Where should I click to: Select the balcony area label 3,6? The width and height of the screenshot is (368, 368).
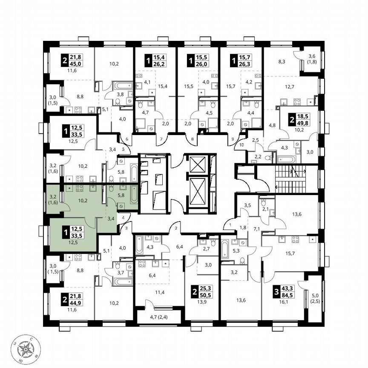pyautogui.click(x=311, y=55)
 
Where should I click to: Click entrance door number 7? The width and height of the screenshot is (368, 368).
pyautogui.click(x=161, y=140)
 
